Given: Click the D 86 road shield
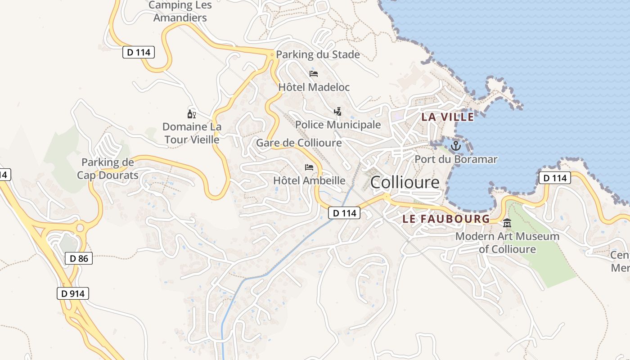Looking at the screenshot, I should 79,258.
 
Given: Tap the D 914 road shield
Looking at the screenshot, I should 73,294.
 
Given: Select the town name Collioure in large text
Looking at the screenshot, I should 405,182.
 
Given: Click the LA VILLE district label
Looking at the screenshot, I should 447,117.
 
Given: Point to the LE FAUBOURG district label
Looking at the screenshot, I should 446,219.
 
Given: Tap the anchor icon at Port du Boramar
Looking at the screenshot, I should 456,146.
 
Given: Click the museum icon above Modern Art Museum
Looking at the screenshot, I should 508,223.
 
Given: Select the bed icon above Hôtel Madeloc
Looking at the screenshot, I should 314,73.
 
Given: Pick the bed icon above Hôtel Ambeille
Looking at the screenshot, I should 309,167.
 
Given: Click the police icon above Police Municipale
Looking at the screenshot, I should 337,111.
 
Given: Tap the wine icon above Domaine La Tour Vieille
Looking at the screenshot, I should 191,114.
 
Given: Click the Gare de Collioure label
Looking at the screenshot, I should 299,143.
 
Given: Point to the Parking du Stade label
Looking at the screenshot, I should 318,55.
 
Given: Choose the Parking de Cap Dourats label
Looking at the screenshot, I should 108,169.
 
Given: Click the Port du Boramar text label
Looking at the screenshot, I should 456,159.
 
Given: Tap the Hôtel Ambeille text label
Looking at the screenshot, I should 309,180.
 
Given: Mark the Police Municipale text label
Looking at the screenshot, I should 338,125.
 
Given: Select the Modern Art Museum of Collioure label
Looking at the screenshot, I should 508,243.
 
